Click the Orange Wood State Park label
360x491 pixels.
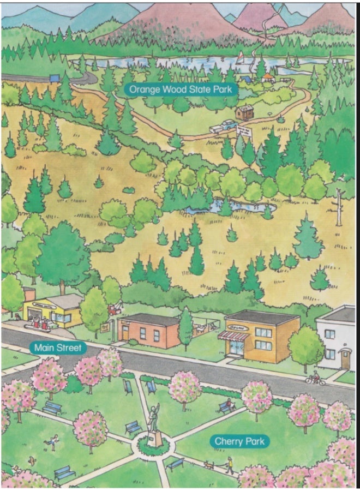coord(181,88)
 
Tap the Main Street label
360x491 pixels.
coord(57,348)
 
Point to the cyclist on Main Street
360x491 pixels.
coord(315,378)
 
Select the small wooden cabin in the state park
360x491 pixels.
coord(243,112)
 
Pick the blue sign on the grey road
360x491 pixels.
coord(53,79)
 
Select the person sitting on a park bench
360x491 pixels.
coord(226,405)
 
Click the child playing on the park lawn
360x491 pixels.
coord(53,440)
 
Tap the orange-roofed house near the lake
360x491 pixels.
coord(267,77)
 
